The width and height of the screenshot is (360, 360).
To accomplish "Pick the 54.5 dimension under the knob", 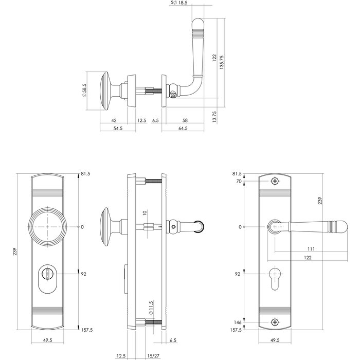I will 117,129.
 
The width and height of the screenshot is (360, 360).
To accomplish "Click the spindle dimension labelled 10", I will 145,212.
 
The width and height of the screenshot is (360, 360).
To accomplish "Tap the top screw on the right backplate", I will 275,182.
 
